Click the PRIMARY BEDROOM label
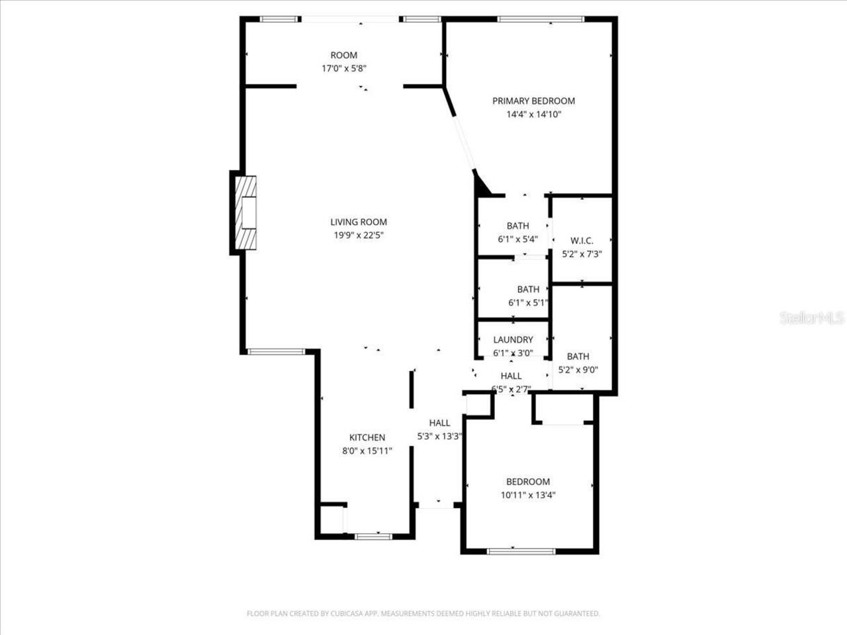[x=533, y=101]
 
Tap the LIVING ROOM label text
[x=359, y=222]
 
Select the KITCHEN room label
[x=367, y=438]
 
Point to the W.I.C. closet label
[x=582, y=241]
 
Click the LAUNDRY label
[x=513, y=340]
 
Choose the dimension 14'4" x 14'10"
[x=533, y=114]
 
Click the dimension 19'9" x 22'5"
[x=359, y=235]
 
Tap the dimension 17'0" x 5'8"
[x=344, y=68]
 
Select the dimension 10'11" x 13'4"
[x=528, y=495]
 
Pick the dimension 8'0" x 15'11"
[x=367, y=451]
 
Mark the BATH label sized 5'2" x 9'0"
[x=578, y=357]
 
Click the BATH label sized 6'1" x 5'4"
[x=517, y=226]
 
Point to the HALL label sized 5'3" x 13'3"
[x=439, y=423]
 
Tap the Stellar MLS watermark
[x=812, y=318]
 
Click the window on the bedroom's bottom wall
[x=521, y=551]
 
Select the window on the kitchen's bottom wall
[x=374, y=536]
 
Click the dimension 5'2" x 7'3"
[x=582, y=254]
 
